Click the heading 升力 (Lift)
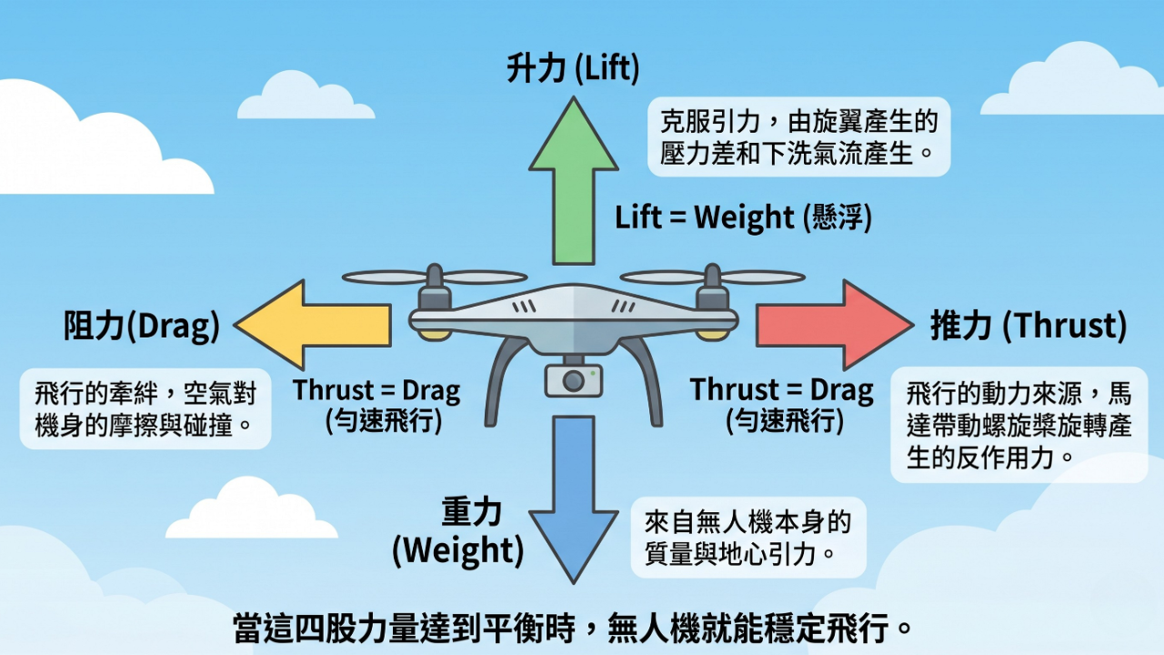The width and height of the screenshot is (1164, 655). pos(573,69)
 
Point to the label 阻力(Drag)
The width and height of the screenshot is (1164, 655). pos(142,327)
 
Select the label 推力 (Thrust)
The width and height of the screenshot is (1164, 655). pos(1029,326)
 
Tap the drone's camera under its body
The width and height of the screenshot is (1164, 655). pos(573,380)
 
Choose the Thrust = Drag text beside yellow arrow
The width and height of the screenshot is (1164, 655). pos(376,406)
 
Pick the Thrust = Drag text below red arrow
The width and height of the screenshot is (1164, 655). pos(782,404)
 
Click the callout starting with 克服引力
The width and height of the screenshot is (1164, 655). pos(798,136)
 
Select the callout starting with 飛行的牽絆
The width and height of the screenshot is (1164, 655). pos(145,409)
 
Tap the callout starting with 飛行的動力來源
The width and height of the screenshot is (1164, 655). pos(1018,425)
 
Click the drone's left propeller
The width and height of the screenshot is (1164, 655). pos(434,277)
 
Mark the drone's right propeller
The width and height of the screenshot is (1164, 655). pos(712,277)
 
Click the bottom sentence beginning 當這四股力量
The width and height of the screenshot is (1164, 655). pos(573,628)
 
